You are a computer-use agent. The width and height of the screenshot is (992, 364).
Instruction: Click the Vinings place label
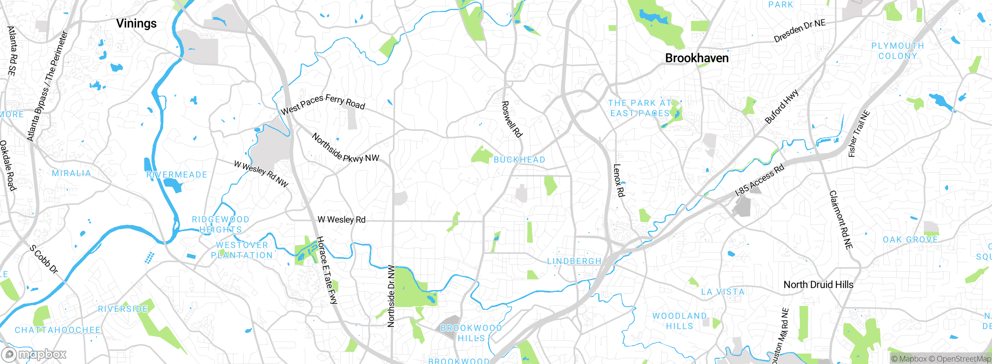click(x=136, y=24)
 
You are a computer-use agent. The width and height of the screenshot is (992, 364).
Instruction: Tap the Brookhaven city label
click(x=697, y=58)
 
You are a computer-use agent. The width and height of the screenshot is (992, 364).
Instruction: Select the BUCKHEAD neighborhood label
click(x=519, y=160)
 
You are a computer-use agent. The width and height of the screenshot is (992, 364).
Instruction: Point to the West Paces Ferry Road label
click(x=323, y=104)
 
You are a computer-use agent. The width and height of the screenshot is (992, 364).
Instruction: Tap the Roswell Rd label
click(x=511, y=119)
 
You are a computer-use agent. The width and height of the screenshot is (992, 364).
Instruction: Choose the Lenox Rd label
click(x=618, y=180)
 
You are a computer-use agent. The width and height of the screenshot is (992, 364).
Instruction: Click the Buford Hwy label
click(x=782, y=106)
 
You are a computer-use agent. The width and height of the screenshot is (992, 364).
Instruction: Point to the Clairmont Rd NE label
click(x=840, y=220)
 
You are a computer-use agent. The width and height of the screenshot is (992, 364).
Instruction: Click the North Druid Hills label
click(x=818, y=285)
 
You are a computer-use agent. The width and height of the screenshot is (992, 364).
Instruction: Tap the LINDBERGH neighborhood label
click(x=574, y=261)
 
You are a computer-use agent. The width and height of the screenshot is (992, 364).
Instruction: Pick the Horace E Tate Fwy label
click(x=327, y=270)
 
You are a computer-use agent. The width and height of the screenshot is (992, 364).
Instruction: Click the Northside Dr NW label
click(x=391, y=296)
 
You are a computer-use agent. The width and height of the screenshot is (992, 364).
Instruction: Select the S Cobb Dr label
click(x=44, y=259)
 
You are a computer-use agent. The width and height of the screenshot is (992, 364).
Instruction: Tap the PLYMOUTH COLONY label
click(x=897, y=51)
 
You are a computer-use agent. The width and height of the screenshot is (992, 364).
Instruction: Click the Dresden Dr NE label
click(x=799, y=31)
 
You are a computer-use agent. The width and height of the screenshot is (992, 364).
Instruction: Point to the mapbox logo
click(x=34, y=354)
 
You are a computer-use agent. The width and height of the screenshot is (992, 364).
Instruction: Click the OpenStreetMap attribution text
click(x=963, y=359)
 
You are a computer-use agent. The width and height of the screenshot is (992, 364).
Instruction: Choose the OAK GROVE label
click(x=910, y=240)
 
